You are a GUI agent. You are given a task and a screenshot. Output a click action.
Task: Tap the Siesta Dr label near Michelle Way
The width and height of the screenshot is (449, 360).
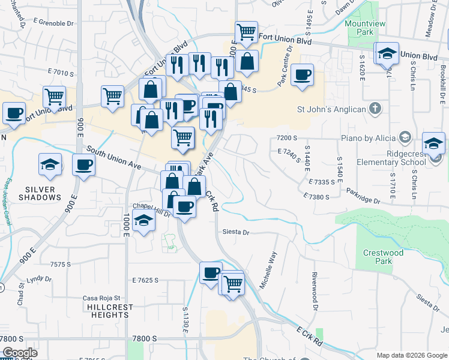(x=235, y=232)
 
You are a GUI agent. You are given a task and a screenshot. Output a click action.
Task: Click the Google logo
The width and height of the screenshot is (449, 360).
(x=20, y=353)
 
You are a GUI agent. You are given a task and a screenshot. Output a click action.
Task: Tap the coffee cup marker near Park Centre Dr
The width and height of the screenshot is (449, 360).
(x=302, y=75)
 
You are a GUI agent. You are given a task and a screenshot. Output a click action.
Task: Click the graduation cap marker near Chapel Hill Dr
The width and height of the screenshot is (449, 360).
(x=144, y=221)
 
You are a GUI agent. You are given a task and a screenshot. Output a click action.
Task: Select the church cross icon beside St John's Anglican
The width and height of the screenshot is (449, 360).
(x=375, y=109)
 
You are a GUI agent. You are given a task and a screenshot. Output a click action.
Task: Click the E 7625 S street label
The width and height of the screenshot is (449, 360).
(x=145, y=280)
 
